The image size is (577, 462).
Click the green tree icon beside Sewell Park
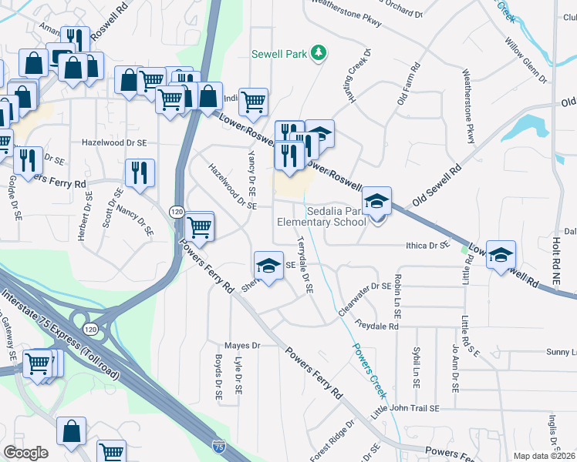[x=316, y=53]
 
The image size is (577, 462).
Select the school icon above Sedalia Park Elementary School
[x=377, y=202]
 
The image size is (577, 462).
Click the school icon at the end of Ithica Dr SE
[x=501, y=255]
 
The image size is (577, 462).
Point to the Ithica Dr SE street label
[x=427, y=246]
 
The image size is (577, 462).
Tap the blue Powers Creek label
[x=369, y=363]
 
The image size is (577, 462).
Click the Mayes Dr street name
[x=238, y=346]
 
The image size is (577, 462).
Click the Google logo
[x=25, y=453]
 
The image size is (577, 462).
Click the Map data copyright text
[x=545, y=456]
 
